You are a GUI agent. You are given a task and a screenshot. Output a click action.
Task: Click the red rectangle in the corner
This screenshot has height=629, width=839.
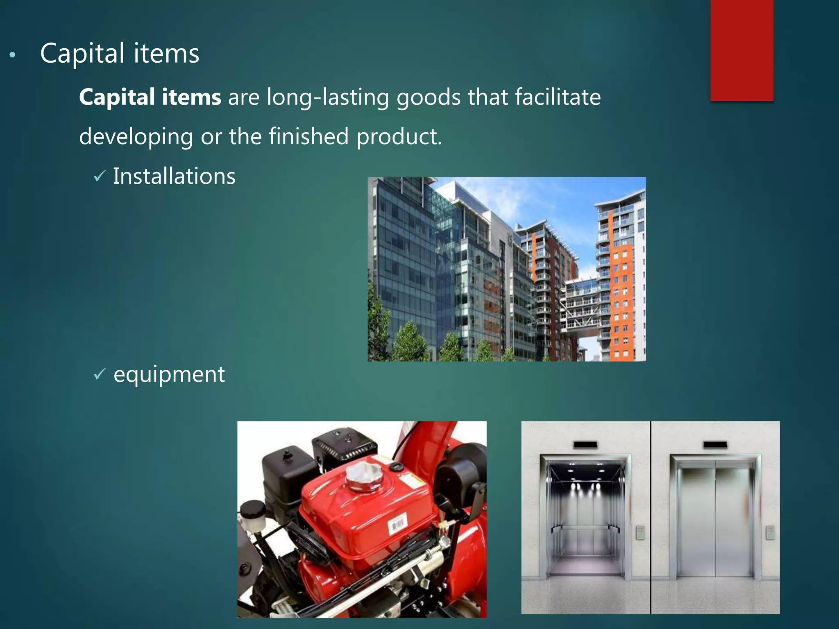pyautogui.click(x=741, y=50)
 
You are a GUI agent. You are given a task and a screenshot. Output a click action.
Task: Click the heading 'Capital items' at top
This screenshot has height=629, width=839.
pyautogui.click(x=120, y=54)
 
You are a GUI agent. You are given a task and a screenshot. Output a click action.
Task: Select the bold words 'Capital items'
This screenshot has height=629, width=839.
pyautogui.click(x=150, y=97)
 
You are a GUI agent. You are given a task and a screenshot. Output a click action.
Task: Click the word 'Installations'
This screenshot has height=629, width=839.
pyautogui.click(x=174, y=176)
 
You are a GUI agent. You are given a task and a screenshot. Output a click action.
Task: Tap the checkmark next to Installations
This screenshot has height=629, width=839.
pyautogui.click(x=100, y=176)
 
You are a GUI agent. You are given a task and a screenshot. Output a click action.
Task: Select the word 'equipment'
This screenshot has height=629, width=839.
pyautogui.click(x=169, y=374)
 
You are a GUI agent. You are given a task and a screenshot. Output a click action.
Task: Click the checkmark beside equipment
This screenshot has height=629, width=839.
pyautogui.click(x=100, y=374)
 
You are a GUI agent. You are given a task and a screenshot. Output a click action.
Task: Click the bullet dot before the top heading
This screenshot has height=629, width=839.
pyautogui.click(x=13, y=55)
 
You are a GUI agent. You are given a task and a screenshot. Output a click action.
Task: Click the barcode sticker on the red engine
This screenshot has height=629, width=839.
pyautogui.click(x=397, y=523)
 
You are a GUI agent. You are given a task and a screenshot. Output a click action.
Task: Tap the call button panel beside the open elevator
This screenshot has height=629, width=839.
pyautogui.click(x=640, y=533)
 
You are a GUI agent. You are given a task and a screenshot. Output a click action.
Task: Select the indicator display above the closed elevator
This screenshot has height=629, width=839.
pyautogui.click(x=715, y=445)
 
